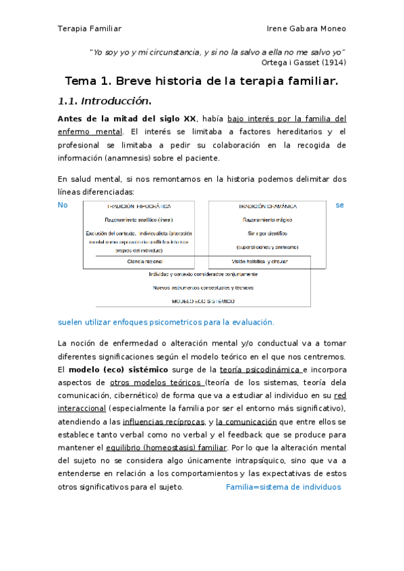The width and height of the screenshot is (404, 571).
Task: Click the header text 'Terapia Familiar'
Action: pos(90,28)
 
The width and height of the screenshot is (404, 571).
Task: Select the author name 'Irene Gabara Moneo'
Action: pos(307,28)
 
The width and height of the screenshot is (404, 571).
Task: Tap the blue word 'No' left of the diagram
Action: pos(63,205)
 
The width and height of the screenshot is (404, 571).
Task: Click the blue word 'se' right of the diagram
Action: pos(340,205)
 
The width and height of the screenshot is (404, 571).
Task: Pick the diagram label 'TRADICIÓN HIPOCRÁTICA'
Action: pos(139,206)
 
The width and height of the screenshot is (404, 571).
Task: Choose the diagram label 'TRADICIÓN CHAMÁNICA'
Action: pos(267,206)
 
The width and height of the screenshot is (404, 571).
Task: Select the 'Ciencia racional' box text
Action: pos(144,261)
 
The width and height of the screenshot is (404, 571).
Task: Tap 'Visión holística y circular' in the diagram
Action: pos(260,261)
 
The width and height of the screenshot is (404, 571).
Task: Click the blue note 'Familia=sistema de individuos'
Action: pos(283,486)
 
